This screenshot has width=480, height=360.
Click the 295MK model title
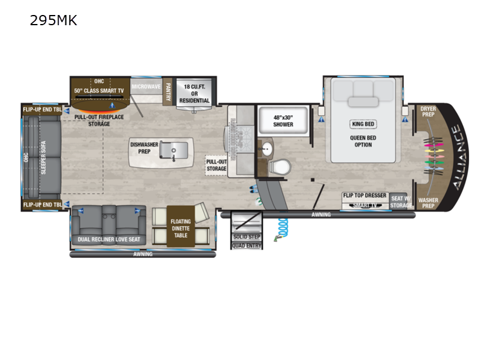click(x=53, y=22)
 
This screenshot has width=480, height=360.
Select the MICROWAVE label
click(x=146, y=86)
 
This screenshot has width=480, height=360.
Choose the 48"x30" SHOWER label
click(x=283, y=121)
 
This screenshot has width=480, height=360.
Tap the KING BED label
click(x=362, y=124)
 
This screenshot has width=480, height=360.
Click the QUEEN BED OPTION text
click(x=362, y=140)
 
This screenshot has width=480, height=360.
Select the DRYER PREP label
click(x=428, y=112)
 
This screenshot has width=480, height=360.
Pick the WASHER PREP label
click(x=428, y=203)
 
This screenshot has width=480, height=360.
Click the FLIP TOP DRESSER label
click(x=364, y=196)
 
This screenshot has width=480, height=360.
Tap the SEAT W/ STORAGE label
click(x=401, y=202)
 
